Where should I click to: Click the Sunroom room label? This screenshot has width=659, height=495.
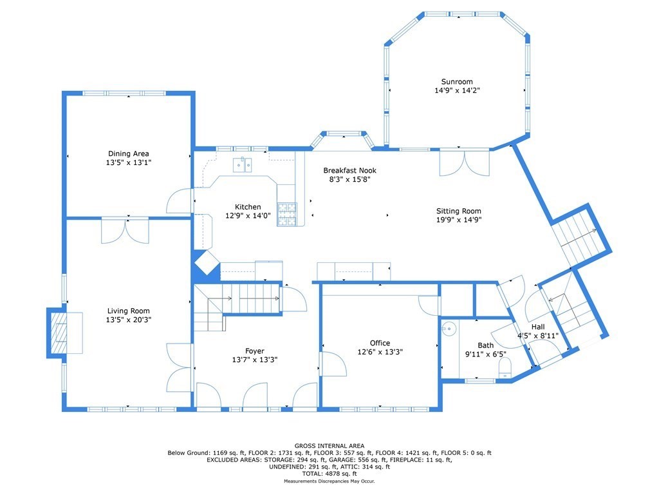tap(457, 82)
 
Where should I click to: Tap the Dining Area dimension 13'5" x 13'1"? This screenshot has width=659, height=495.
tap(129, 162)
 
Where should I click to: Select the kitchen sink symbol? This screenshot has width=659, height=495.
tap(243, 165)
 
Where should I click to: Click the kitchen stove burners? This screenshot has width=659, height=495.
tap(287, 214)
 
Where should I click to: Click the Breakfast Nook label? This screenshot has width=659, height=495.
tap(349, 170)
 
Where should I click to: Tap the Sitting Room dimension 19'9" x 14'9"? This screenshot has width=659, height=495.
tap(458, 220)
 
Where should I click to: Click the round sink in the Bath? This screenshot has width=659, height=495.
tap(449, 328)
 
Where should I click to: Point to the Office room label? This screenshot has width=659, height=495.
tap(380, 343)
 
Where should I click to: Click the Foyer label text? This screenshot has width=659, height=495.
tap(255, 351)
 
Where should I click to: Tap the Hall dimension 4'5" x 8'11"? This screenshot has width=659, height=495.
tap(538, 335)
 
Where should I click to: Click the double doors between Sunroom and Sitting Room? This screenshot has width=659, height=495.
tap(465, 162)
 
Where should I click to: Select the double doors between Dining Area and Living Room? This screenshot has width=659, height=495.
tap(125, 230)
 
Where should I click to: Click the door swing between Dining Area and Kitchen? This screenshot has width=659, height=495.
tap(180, 201)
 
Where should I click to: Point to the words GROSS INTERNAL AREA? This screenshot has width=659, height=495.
tap(329, 446)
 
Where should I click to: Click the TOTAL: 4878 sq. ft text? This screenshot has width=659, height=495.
tap(329, 474)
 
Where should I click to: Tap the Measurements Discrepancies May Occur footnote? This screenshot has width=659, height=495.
tap(329, 481)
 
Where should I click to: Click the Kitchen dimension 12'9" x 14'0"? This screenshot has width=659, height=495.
tap(248, 215)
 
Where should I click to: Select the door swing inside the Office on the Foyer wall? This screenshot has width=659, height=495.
tap(333, 364)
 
